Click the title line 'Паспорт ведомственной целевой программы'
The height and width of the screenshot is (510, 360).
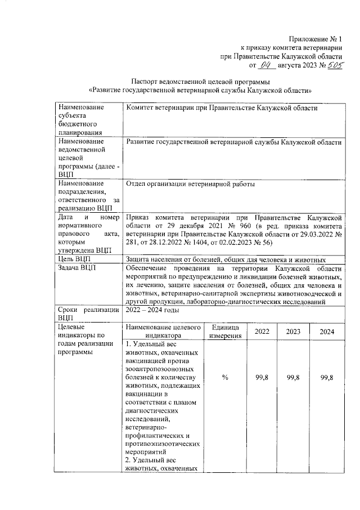(x=200, y=81)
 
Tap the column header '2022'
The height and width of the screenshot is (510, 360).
(x=262, y=332)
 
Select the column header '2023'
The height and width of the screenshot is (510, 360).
(x=293, y=332)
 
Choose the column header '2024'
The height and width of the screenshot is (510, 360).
(x=327, y=332)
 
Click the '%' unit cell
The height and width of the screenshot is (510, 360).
(x=224, y=378)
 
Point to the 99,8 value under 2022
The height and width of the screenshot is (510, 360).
(x=262, y=378)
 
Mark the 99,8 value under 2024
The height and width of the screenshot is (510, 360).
(x=327, y=378)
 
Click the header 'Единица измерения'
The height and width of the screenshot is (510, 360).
(x=224, y=332)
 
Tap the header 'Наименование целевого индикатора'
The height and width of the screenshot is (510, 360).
(x=163, y=332)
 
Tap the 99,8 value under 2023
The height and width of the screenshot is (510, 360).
(x=293, y=378)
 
